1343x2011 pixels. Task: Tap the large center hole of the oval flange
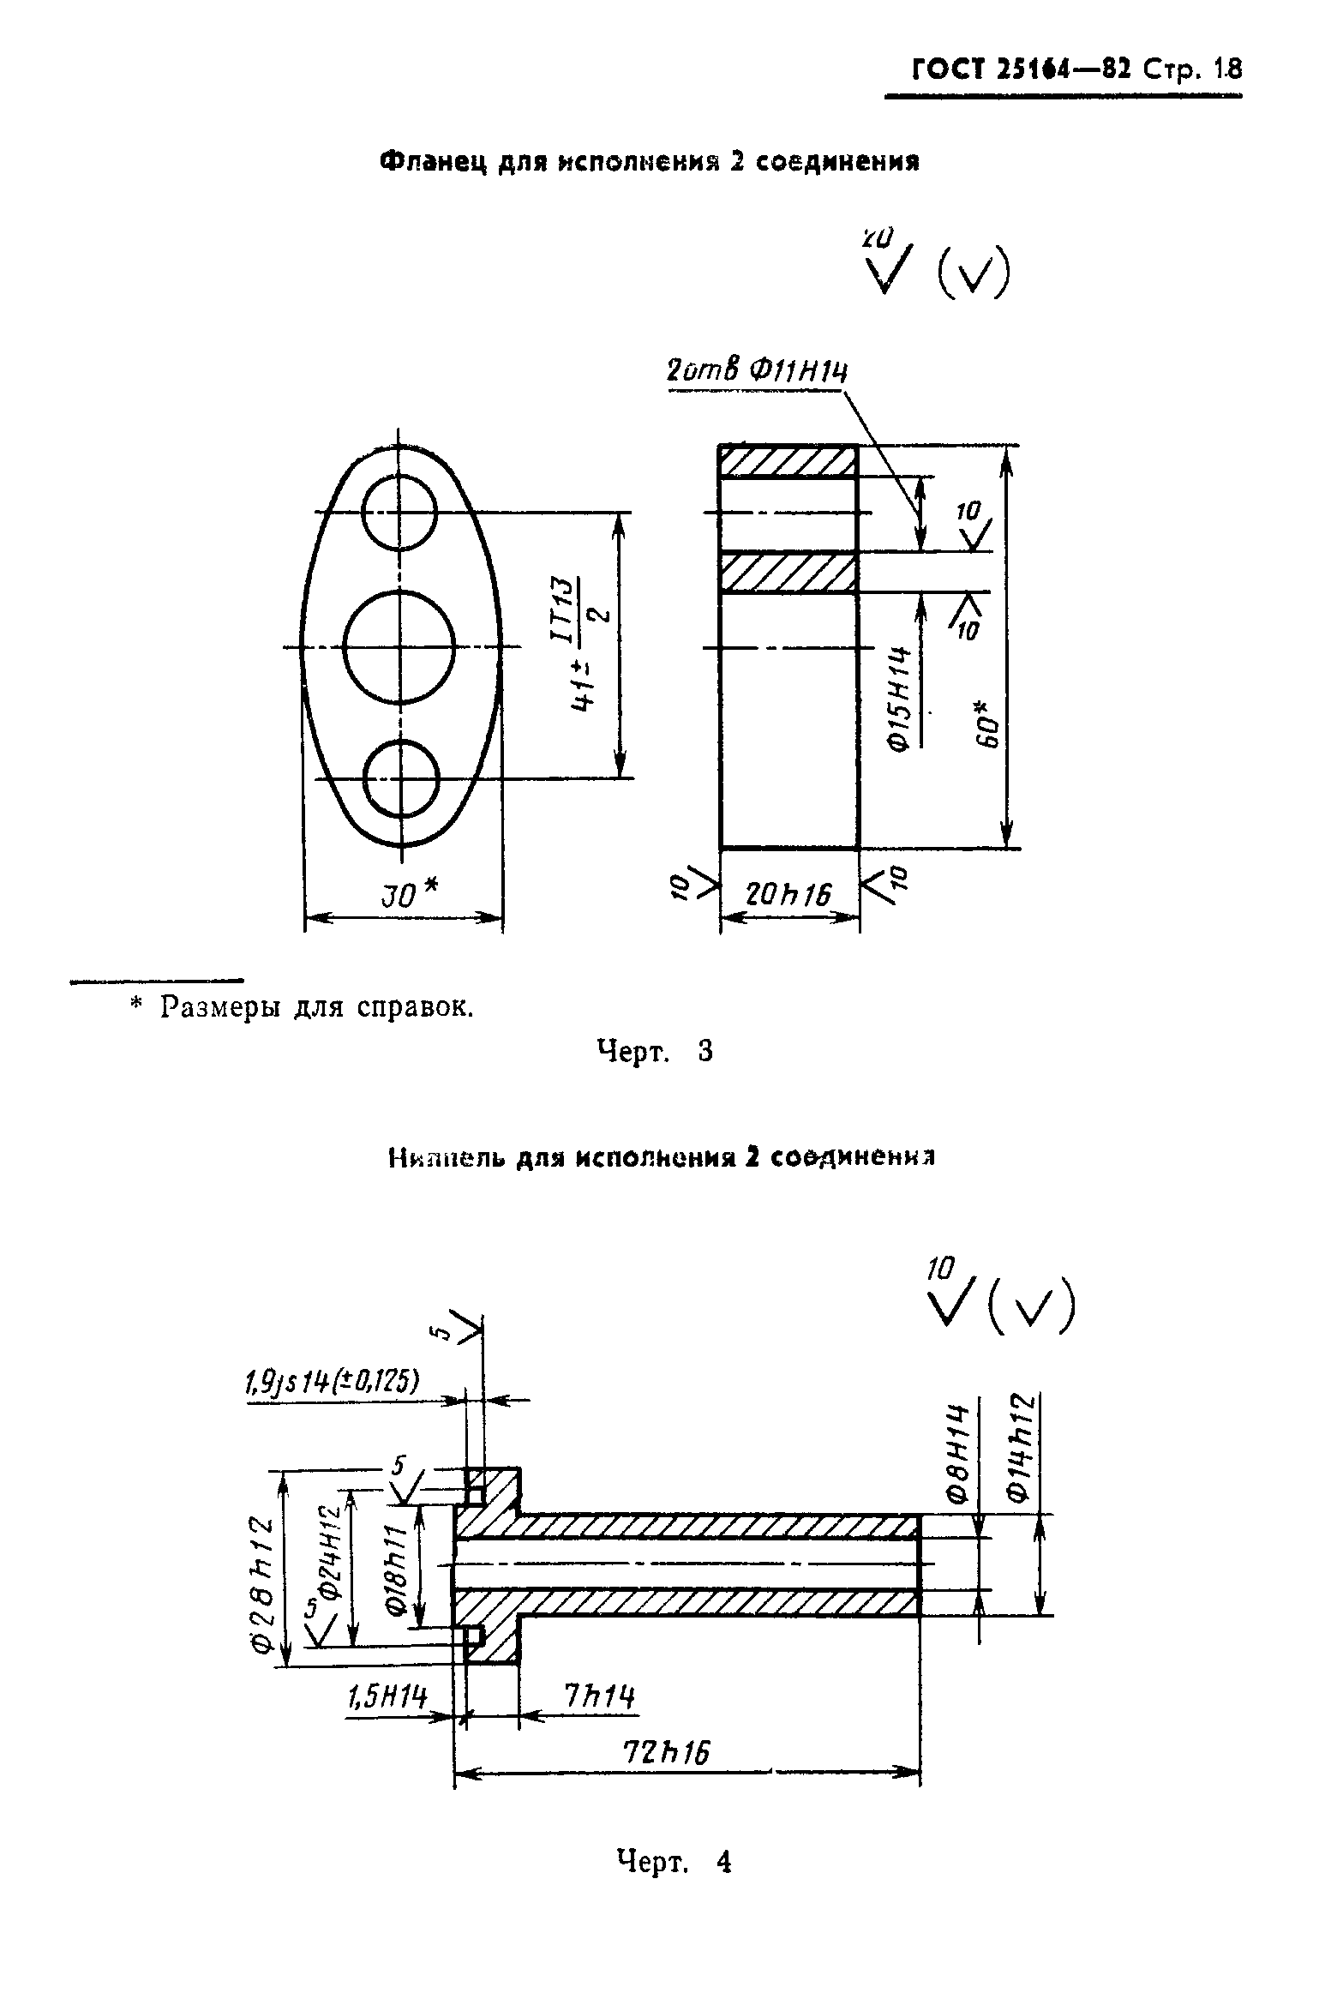399,647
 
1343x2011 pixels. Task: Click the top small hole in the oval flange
399,512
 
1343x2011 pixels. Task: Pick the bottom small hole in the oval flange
401,778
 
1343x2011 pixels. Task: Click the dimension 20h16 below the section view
788,895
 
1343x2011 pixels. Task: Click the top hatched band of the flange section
788,461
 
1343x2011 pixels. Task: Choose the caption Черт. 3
655,1051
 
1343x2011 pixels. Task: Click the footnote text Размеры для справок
316,1006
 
